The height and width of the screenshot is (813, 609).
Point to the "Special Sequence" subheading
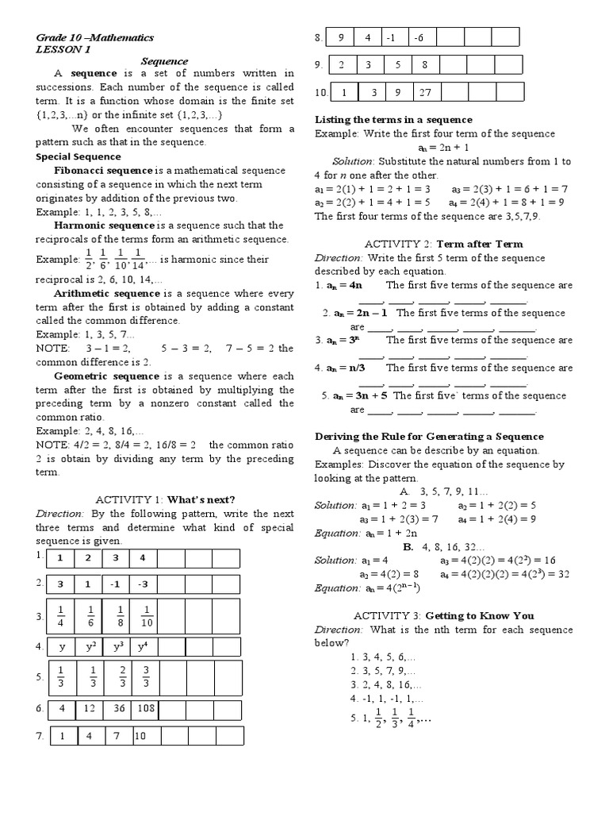[x=76, y=157]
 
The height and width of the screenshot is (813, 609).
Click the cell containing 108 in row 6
[x=145, y=707]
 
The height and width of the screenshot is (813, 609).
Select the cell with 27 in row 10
[x=425, y=92]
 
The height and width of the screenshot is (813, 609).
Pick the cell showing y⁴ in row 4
[x=143, y=645]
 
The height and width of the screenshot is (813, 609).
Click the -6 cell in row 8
[x=420, y=37]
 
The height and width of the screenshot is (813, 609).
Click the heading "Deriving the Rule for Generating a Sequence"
[x=429, y=436]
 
